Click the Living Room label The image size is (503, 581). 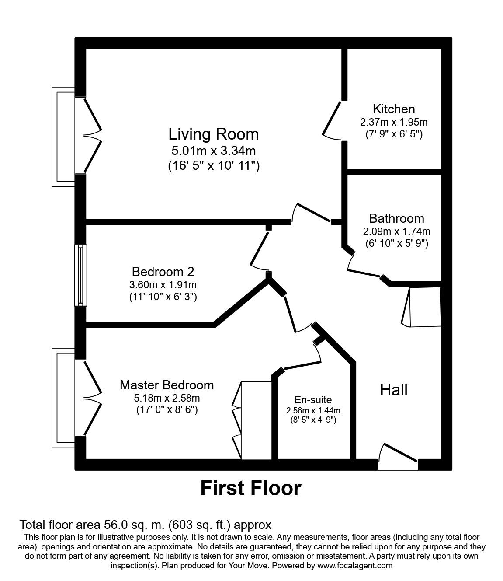tap(214, 133)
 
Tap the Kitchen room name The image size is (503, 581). tap(393, 108)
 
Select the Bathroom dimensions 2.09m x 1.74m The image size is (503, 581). tap(396, 231)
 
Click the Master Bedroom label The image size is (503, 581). tap(167, 385)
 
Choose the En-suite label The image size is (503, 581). tap(313, 399)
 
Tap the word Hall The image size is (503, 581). tap(394, 389)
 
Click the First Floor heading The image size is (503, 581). tap(251, 488)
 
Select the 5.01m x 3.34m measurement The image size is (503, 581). tap(213, 151)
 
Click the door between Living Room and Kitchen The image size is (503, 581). tap(332, 120)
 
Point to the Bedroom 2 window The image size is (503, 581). tap(81, 275)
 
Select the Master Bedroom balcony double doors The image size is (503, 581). tap(92, 398)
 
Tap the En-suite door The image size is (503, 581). tap(302, 360)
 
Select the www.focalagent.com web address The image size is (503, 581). tap(354, 566)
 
